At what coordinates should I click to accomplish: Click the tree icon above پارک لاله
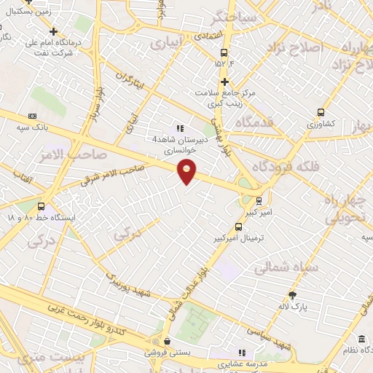(x=293, y=295)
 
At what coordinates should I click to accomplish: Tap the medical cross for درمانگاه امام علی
(x=53, y=31)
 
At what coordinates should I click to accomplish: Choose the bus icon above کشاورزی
(x=321, y=112)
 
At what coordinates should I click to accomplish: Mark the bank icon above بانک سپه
(x=33, y=116)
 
